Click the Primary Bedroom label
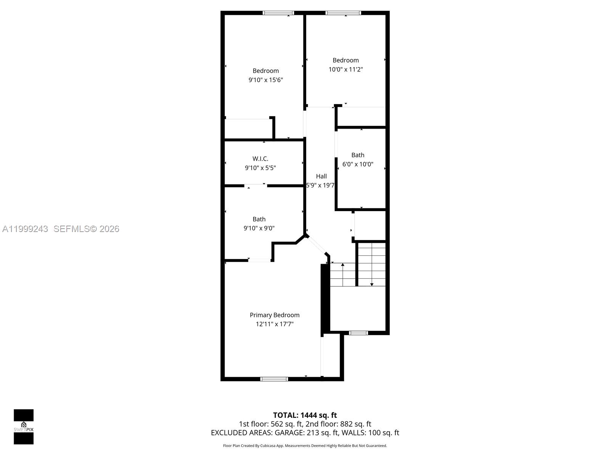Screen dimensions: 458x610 click(274, 315)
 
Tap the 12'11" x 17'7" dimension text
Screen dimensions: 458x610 click(274, 324)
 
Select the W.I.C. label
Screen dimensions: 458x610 click(260, 158)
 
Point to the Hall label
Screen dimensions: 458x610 click(321, 176)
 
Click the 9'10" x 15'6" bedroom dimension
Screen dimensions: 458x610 click(266, 80)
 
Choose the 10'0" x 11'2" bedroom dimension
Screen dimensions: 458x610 click(346, 69)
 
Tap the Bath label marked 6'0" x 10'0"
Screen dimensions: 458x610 click(358, 155)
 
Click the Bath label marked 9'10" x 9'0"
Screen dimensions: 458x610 click(259, 219)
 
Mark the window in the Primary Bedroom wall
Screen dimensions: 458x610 click(274, 379)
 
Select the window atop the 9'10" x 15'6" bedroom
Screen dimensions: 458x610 click(279, 13)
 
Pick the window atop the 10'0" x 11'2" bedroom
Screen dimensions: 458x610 click(343, 13)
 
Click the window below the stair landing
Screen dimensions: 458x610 click(359, 333)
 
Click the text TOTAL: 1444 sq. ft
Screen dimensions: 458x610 click(305, 415)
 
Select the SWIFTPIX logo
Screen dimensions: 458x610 click(24, 427)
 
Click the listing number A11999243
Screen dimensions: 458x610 click(25, 229)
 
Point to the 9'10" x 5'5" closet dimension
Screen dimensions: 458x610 click(260, 168)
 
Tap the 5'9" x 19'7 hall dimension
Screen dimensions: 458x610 click(320, 185)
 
